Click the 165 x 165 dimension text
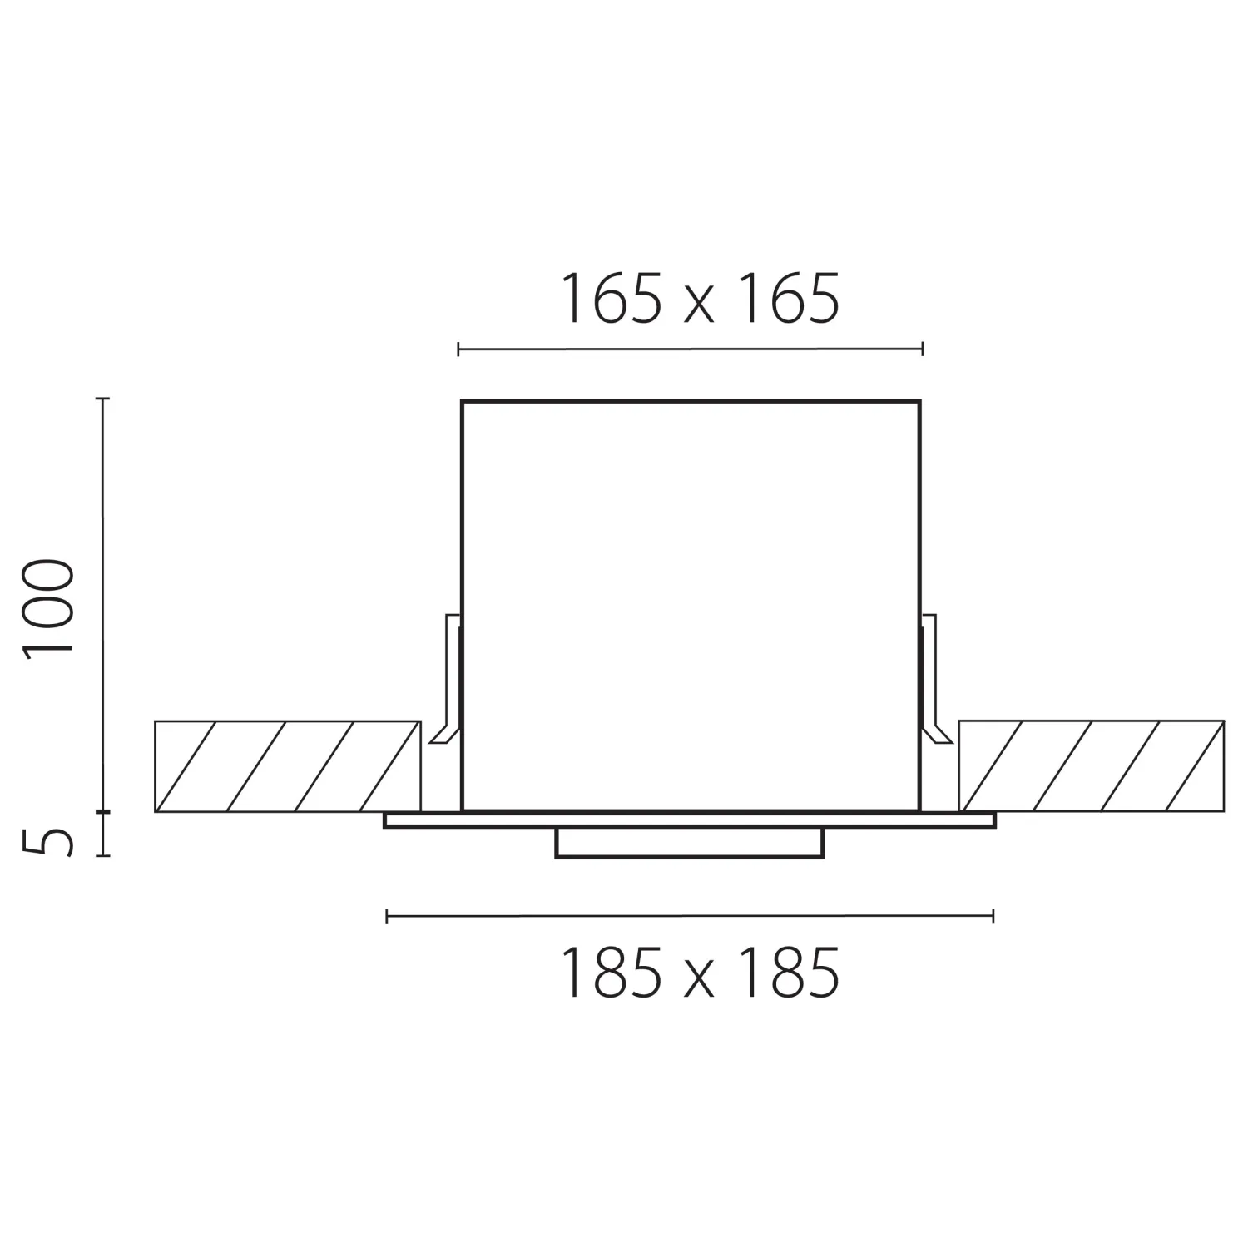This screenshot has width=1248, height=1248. point(701,299)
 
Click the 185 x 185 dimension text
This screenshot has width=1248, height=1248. point(701,973)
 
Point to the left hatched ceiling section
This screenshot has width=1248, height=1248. point(287,765)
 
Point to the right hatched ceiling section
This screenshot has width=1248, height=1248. point(1092,765)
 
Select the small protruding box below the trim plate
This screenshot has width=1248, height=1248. point(690,843)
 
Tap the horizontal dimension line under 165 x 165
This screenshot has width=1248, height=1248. point(691,349)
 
